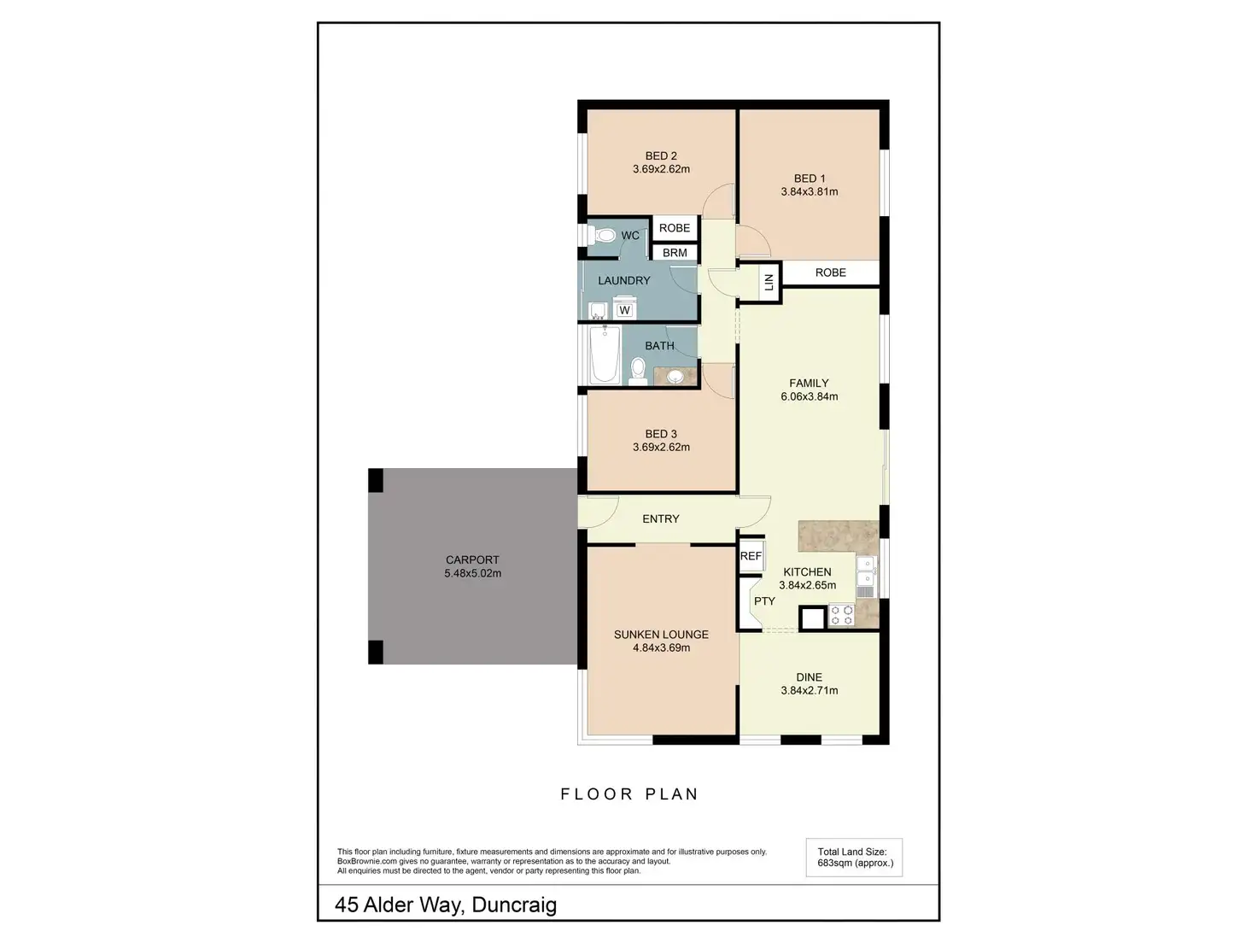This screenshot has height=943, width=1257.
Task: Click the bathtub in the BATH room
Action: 605,355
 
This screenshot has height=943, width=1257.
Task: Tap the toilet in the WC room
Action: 604,235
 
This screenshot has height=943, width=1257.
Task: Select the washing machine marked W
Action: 624,310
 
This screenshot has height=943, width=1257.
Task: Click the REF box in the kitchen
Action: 751,556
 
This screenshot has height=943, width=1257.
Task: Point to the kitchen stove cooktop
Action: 841,616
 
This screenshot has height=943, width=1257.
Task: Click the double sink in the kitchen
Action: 866,577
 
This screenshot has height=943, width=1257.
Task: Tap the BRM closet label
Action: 675,253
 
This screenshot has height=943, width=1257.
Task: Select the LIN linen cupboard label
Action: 769,281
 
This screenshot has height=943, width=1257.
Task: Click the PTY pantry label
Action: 764,601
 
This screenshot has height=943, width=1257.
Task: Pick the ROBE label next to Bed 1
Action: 830,272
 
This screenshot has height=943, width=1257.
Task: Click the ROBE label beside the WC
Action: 675,228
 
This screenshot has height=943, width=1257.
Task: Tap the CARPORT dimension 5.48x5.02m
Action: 472,574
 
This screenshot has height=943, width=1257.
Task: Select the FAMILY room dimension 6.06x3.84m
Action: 809,396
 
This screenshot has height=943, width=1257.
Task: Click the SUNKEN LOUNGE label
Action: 661,634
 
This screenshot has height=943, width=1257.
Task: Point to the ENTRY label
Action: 661,518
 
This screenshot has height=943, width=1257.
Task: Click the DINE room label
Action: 809,677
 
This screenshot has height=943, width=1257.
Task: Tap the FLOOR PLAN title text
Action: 629,794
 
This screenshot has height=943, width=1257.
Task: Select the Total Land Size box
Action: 854,858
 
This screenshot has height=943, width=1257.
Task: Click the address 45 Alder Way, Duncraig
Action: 446,905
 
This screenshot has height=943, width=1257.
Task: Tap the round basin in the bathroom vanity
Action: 675,375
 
